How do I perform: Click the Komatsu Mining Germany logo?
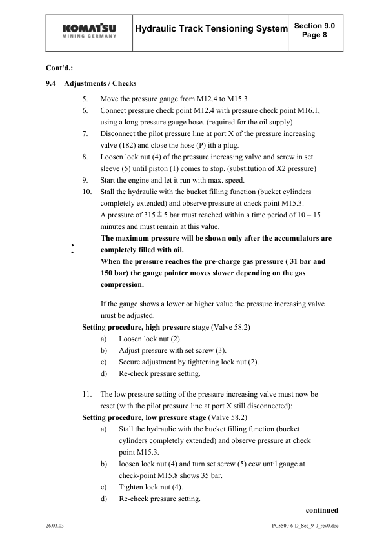[90, 30]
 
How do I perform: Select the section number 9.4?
[50, 84]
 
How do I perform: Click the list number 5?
[86, 99]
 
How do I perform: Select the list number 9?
[86, 180]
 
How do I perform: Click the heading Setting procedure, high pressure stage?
[145, 327]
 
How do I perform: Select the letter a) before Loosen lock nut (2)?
[104, 339]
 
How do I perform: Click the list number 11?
[86, 393]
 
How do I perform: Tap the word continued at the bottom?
[322, 509]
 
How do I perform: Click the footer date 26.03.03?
[56, 526]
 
